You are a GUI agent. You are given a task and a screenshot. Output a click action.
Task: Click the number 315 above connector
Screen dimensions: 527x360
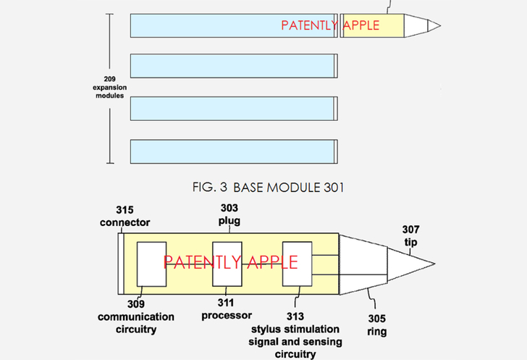[x=125, y=210]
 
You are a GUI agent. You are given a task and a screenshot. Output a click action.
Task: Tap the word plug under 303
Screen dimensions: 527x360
[x=229, y=221]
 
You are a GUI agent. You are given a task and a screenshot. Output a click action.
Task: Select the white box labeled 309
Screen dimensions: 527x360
[x=151, y=264]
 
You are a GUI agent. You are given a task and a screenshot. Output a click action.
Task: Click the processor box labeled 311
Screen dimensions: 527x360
[x=227, y=264]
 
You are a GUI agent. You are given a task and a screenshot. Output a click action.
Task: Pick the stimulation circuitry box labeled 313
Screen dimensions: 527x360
[x=297, y=264]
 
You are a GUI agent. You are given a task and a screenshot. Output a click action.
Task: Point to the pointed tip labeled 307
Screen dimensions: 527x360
[x=410, y=264]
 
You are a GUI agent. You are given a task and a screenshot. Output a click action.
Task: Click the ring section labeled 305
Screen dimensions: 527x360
[x=363, y=264]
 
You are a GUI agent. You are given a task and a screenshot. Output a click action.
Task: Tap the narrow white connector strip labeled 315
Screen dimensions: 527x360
[x=121, y=264]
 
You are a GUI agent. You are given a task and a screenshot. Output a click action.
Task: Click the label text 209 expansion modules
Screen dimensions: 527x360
[x=109, y=88]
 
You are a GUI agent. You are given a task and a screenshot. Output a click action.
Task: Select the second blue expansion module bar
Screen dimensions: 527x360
[x=234, y=66]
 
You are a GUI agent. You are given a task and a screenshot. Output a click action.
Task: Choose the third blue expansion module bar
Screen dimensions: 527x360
[x=234, y=109]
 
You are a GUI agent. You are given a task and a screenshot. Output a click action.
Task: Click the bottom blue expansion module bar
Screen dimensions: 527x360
[x=234, y=151]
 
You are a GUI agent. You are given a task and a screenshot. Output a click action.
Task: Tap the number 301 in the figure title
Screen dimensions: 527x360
[x=334, y=188]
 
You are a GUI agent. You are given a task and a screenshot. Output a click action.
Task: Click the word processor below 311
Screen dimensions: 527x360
[x=227, y=316]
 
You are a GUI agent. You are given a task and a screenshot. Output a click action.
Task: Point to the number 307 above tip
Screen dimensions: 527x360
[x=410, y=230]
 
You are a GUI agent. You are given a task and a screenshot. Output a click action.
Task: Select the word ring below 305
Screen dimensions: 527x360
[x=376, y=332]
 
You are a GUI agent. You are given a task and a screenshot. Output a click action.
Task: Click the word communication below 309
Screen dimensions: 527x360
[x=136, y=317]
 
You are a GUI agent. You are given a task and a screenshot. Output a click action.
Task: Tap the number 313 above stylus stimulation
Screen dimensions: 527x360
[x=295, y=317]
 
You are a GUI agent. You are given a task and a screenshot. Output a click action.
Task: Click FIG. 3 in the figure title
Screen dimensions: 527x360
[x=210, y=188]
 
